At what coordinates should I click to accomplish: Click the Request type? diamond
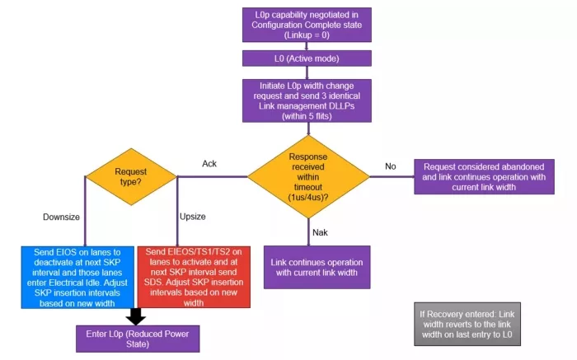pyautogui.click(x=131, y=175)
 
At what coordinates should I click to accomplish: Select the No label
pyautogui.click(x=390, y=166)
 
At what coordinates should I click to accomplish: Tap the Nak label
pyautogui.click(x=320, y=231)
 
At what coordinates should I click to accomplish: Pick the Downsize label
pyautogui.click(x=61, y=217)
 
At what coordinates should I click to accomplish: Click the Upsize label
pyautogui.click(x=192, y=217)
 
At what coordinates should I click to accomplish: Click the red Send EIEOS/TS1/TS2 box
pyautogui.click(x=192, y=277)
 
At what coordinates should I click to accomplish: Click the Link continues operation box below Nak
pyautogui.click(x=317, y=267)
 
